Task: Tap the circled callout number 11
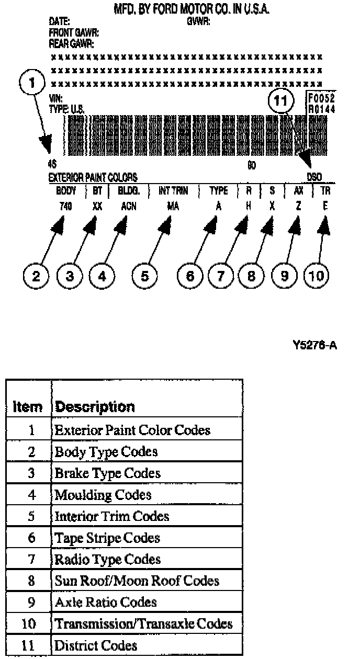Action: tap(280, 100)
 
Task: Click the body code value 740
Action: tap(65, 206)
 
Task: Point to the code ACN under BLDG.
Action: tap(128, 206)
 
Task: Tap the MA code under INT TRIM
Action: tap(173, 206)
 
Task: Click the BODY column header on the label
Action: tap(66, 190)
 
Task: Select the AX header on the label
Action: tap(298, 190)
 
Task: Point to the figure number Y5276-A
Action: tap(314, 345)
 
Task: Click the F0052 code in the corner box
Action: tap(321, 98)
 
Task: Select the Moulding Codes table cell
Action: tap(103, 494)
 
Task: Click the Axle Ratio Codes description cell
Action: tap(106, 602)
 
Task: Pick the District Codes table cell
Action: tap(96, 645)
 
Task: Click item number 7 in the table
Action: tap(31, 559)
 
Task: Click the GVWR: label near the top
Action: tap(198, 21)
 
